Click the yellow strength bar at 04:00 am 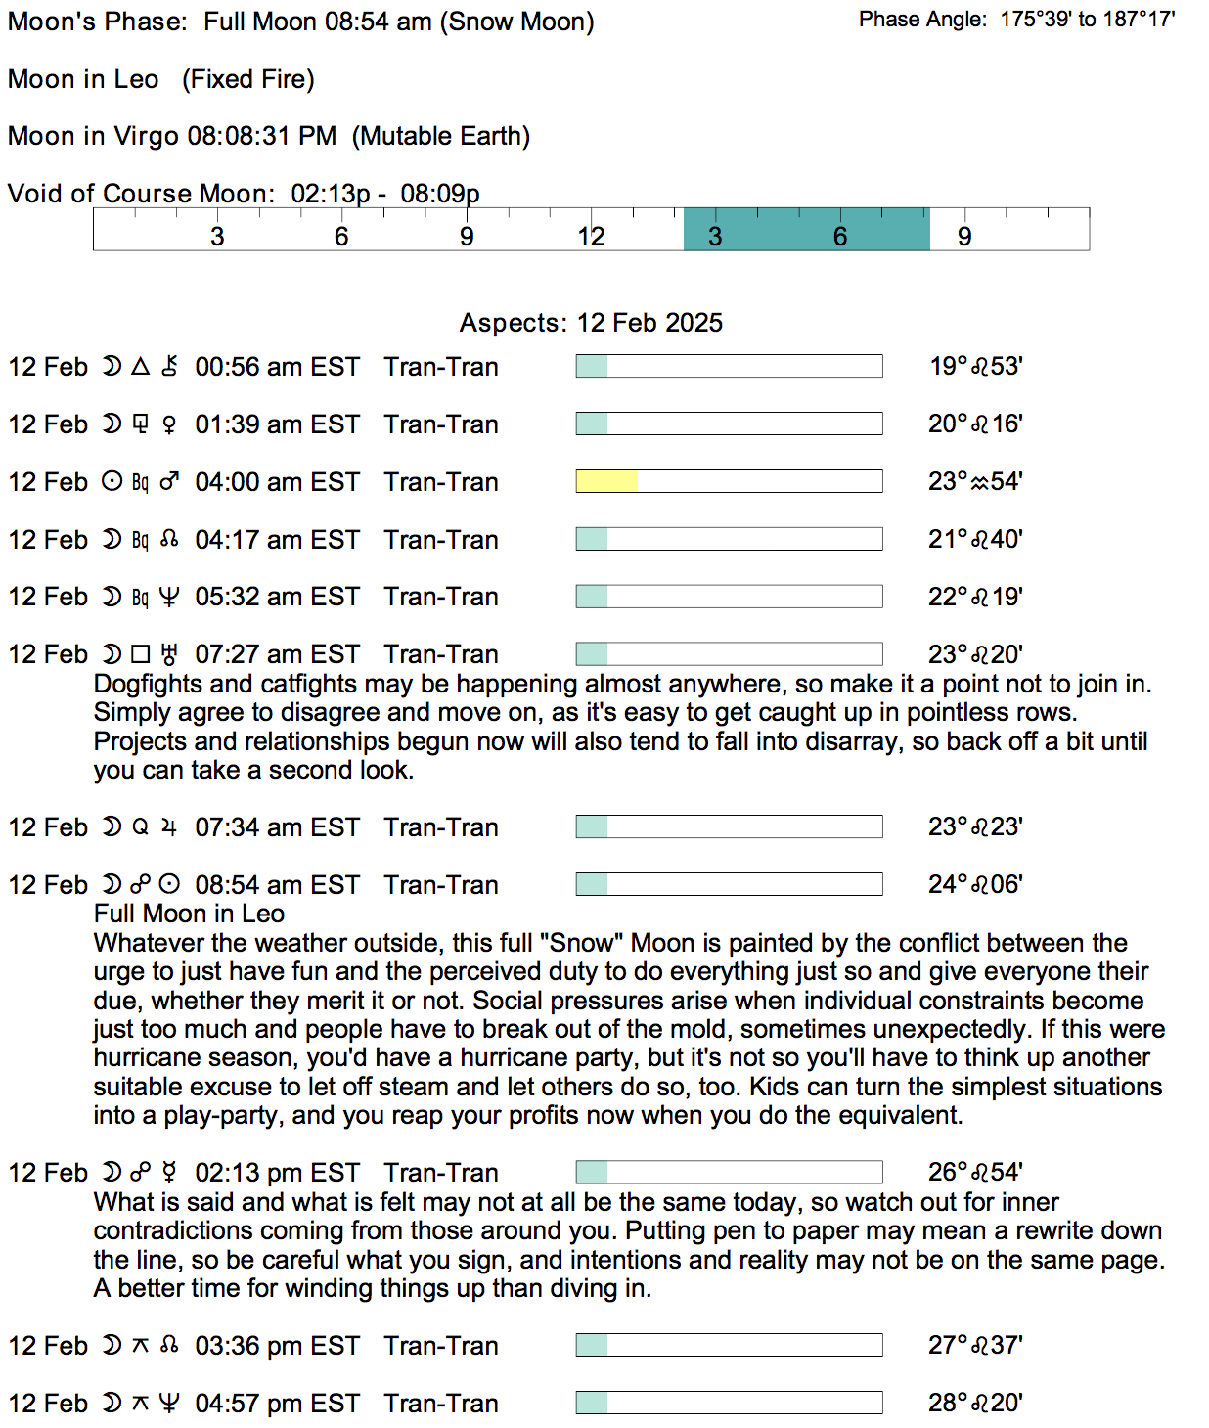click(606, 481)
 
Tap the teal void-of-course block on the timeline click(806, 229)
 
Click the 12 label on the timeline click(591, 237)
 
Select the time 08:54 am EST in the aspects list click(278, 885)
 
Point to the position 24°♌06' click(975, 884)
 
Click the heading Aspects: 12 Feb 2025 click(591, 323)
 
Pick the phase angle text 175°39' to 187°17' click(1087, 19)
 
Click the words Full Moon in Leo click(189, 914)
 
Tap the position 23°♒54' click(975, 481)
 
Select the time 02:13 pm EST click(278, 1173)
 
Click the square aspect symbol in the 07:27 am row click(141, 654)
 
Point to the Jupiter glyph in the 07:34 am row click(169, 827)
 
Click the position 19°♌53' click(975, 366)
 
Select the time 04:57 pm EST click(278, 1404)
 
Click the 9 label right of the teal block click(964, 237)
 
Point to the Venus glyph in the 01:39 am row click(169, 424)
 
